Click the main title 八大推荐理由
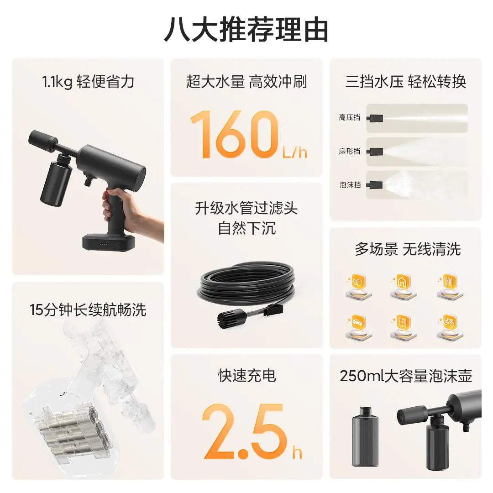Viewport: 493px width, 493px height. coord(246,30)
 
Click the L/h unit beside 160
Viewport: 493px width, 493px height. coord(295,152)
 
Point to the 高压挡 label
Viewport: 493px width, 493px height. coord(349,118)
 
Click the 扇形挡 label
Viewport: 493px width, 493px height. coord(349,151)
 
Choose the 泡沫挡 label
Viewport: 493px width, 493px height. coord(349,184)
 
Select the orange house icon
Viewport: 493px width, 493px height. coord(403,282)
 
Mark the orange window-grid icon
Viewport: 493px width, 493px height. coord(403,322)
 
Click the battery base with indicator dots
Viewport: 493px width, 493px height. coord(109,242)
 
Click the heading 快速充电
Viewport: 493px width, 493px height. coord(246,375)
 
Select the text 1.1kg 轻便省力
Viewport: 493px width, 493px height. coord(88,82)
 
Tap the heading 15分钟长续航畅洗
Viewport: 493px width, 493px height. coord(88,310)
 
